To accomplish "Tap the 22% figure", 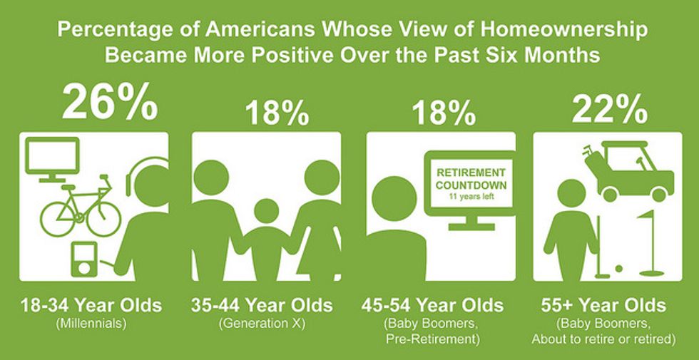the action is (609, 110).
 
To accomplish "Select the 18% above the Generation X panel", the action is (277, 113).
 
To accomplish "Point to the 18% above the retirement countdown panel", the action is (444, 113).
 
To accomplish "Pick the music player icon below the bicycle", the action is (84, 259).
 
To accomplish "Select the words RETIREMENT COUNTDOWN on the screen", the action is (471, 179).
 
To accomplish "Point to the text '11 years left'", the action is (471, 195).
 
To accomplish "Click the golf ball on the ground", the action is (619, 269).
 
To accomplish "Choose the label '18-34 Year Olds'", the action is (91, 306).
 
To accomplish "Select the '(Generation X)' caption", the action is (262, 324).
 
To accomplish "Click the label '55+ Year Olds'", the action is (603, 306).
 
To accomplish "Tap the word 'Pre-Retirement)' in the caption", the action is (432, 339).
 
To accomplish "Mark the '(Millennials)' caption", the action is (91, 324).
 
